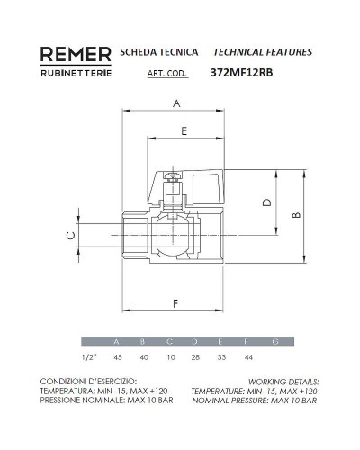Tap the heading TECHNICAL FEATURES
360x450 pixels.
[263, 52]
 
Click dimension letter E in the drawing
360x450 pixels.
[183, 131]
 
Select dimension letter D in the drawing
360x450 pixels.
[265, 202]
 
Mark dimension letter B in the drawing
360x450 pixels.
[296, 215]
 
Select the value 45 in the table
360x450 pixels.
[116, 357]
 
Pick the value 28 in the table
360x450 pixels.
[195, 357]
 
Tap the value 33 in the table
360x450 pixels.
[221, 357]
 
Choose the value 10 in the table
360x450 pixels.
[169, 357]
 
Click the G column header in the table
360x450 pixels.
[274, 342]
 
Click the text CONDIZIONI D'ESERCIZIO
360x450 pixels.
[87, 382]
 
